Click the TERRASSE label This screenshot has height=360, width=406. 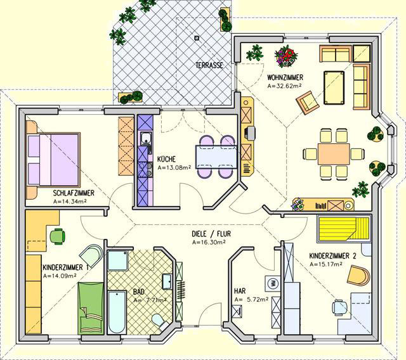coord(209,65)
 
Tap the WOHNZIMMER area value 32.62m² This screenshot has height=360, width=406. coord(284,86)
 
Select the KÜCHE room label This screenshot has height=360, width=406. coord(166,158)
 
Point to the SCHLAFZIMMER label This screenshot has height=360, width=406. coord(74,193)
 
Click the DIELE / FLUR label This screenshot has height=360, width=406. coord(211,234)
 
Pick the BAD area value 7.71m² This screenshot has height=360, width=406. coord(150,300)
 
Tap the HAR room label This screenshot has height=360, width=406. coord(240,291)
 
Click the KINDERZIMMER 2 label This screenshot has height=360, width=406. coord(332,256)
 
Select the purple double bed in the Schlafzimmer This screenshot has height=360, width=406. coord(53,159)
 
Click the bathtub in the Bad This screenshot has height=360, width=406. coord(117,312)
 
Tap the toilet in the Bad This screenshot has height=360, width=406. coord(159,321)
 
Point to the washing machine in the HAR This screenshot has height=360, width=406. coord(272,283)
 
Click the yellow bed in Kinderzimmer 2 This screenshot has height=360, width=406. coord(344,228)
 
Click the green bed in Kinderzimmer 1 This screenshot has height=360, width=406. coord(91,308)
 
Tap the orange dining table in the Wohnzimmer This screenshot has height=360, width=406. coord(334,154)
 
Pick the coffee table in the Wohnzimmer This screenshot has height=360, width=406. coord(334,88)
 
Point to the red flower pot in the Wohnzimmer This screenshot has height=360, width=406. coord(286,56)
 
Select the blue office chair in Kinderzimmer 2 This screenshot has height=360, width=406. coord(340,307)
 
